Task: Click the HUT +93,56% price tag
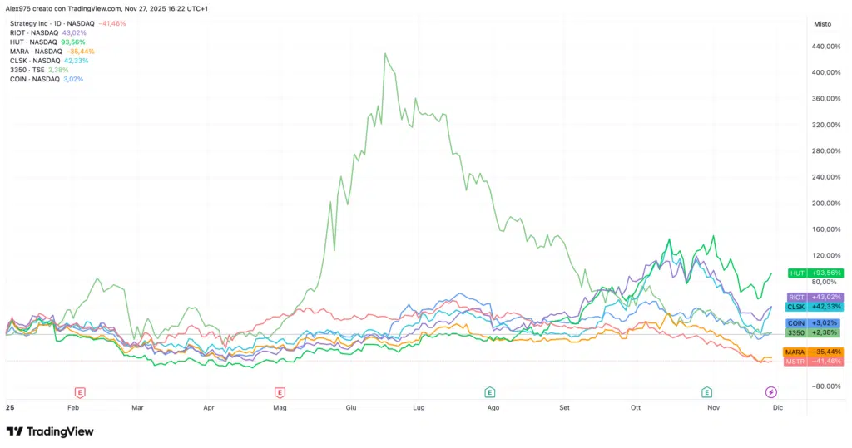815,273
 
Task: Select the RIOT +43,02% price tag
815,297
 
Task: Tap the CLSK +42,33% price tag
815,307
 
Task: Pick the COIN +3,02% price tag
815,322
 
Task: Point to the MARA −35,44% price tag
815,352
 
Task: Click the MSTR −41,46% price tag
815,362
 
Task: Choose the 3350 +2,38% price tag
815,332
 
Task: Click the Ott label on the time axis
637,408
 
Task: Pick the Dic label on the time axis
776,408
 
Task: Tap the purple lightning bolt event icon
771,391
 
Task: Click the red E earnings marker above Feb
80,391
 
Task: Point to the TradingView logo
50,431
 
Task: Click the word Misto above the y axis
822,25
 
